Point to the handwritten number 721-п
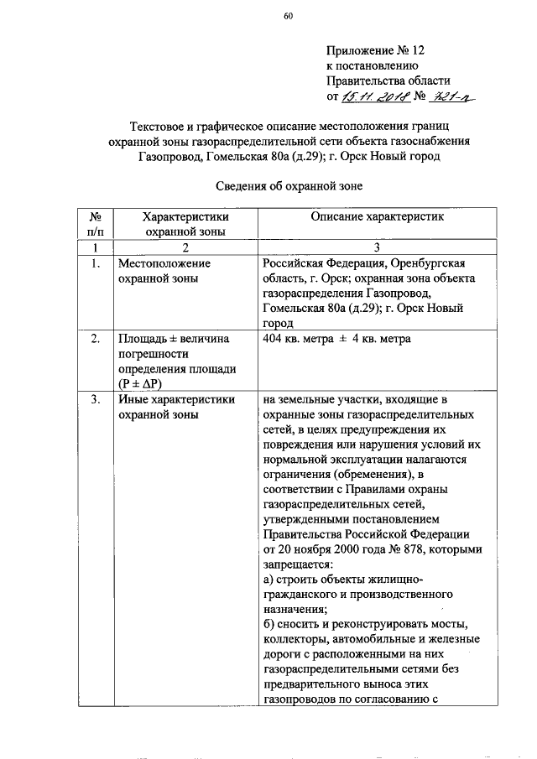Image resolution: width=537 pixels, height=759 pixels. click(453, 99)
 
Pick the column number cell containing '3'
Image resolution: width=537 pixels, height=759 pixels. click(377, 247)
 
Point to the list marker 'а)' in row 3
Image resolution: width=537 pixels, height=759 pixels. click(268, 580)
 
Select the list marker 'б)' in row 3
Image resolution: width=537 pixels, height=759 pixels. click(268, 625)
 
